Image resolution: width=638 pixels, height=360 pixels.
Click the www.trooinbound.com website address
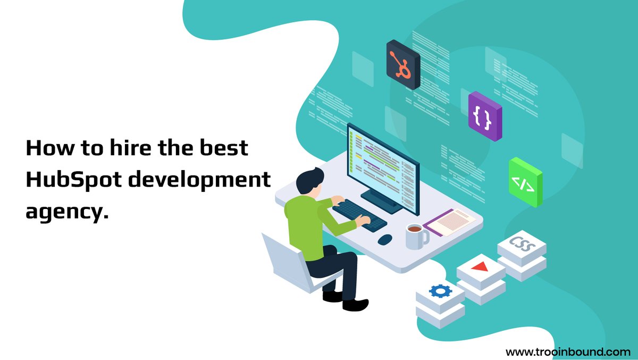[568, 351]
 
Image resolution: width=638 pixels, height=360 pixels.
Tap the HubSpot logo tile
[403, 64]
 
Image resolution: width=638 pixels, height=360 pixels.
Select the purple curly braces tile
[484, 117]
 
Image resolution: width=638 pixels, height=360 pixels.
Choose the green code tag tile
[525, 182]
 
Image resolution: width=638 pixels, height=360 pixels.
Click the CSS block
[522, 245]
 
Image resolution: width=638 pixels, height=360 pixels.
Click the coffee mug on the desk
[415, 235]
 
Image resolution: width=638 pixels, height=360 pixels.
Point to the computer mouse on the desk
[385, 239]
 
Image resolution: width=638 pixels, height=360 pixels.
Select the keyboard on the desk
[359, 214]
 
